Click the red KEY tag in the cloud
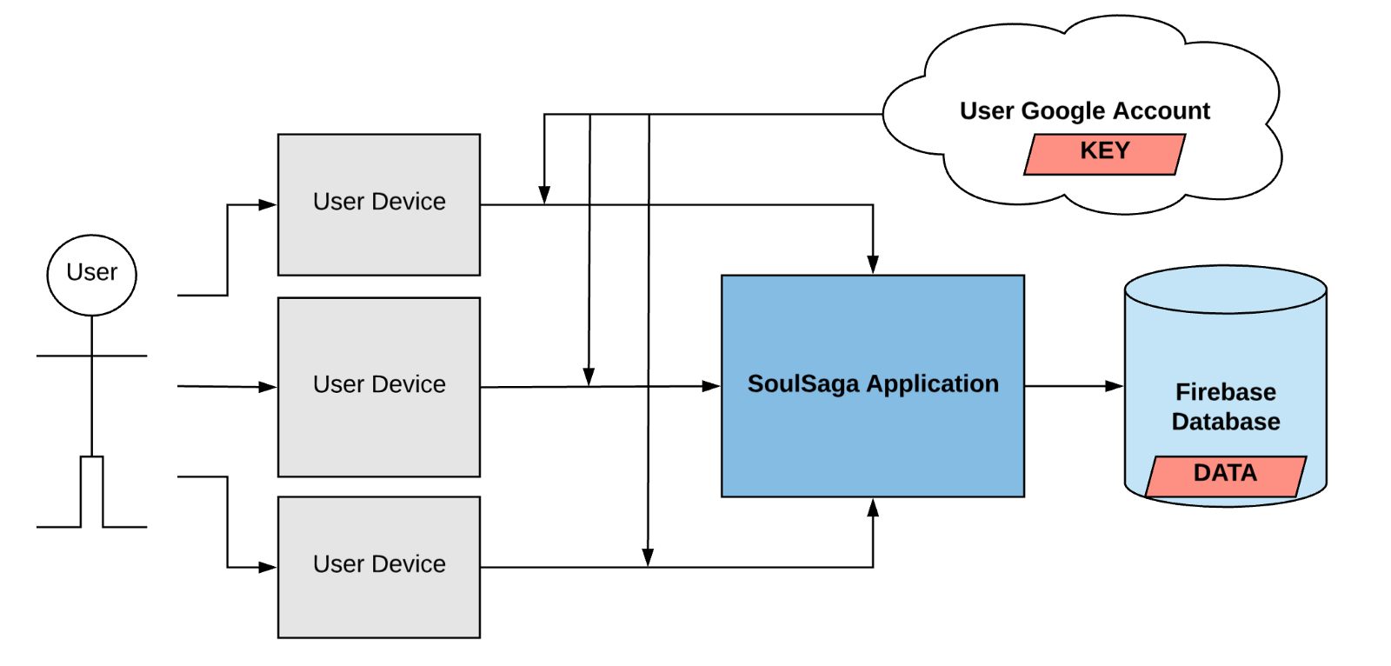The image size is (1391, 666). click(1104, 154)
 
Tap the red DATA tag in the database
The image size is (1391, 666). click(1225, 476)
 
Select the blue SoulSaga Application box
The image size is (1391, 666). click(873, 435)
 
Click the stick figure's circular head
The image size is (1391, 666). click(91, 274)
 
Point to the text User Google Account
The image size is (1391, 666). click(1084, 111)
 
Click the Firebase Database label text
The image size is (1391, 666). click(1225, 407)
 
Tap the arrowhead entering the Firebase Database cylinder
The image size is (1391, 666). click(1114, 386)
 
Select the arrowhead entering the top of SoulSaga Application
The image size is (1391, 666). click(873, 264)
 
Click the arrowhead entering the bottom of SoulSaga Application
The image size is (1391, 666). click(873, 508)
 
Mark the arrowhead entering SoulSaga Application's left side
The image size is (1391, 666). click(711, 386)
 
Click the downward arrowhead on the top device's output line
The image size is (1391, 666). click(544, 195)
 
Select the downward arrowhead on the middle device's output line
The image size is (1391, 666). click(589, 376)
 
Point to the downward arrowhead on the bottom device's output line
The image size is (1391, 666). click(648, 556)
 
